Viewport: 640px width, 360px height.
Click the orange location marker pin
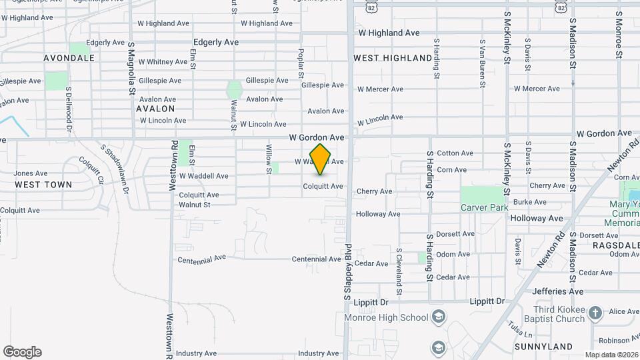coord(320,159)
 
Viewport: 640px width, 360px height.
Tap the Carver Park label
coord(485,207)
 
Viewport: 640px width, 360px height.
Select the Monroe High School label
coord(386,317)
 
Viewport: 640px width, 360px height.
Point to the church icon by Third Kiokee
coord(595,312)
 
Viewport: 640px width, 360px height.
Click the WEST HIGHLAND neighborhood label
coord(393,58)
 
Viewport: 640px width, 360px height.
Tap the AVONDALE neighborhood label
coord(69,58)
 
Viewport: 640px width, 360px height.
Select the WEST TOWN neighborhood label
coord(43,185)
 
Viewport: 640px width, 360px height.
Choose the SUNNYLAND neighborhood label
coord(543,347)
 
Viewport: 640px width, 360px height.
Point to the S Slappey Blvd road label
coord(348,271)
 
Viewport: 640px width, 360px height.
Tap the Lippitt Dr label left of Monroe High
coord(372,302)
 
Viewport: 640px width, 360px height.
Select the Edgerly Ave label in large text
coord(216,42)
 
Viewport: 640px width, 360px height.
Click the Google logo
coord(22,352)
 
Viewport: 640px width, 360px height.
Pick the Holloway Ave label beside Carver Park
coord(537,218)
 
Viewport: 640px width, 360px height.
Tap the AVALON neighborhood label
coord(155,109)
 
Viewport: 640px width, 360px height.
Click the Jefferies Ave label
coord(558,291)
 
